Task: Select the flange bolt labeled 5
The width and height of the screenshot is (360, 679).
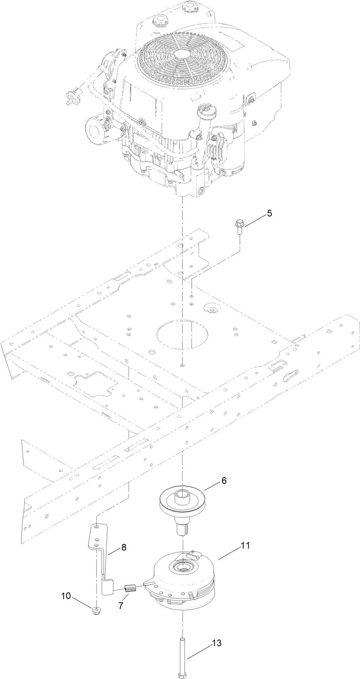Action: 240,227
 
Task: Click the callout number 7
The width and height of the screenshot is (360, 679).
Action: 121,605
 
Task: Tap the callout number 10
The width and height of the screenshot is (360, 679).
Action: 66,595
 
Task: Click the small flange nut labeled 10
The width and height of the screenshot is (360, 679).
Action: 96,609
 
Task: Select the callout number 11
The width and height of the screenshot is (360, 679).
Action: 245,545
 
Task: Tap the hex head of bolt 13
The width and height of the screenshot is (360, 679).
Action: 182,675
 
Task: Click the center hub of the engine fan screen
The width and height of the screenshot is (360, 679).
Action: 181,55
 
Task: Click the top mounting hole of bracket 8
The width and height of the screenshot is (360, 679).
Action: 96,527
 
